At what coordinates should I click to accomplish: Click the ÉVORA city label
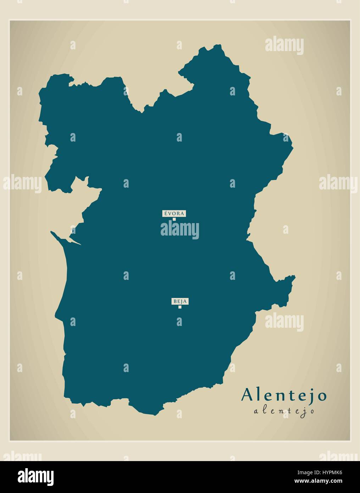coord(174,214)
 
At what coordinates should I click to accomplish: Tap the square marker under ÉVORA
coord(174,219)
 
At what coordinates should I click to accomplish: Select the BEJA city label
coord(180,301)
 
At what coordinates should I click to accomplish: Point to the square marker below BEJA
coord(180,307)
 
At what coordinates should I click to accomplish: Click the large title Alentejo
coord(284,395)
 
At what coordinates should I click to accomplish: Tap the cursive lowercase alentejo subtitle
coord(284,411)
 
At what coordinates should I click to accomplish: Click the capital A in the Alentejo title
coord(248,395)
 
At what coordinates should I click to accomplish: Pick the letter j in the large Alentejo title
coord(312,397)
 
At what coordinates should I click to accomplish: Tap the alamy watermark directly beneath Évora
coord(180,229)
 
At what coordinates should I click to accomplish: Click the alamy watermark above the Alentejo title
coord(284,322)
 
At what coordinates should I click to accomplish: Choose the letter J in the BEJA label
coord(181,301)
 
